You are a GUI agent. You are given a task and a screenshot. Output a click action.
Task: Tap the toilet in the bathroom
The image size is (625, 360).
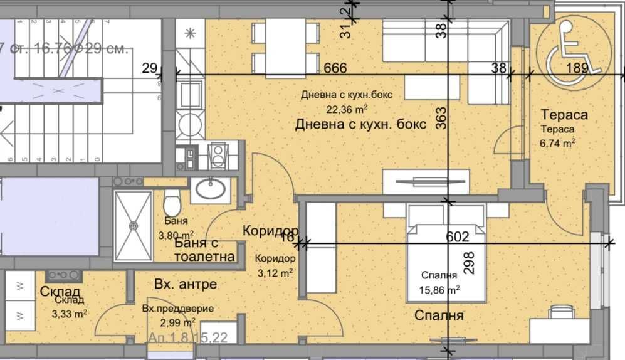coord(171,204)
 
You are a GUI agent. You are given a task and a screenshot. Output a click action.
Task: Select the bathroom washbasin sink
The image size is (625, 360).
coord(209,189)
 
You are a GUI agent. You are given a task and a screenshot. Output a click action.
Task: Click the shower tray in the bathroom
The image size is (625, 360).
coord(133,226)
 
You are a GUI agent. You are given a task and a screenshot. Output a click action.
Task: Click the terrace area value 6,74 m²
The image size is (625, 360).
coord(559,142)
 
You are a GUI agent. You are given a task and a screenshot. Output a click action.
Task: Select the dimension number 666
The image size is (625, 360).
coord(335,68)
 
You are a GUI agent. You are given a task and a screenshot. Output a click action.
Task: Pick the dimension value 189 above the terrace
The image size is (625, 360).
coord(576,68)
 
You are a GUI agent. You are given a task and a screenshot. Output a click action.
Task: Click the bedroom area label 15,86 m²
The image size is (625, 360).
coord(439,289)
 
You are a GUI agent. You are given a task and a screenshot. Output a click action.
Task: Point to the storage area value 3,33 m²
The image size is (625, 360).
coord(69,313)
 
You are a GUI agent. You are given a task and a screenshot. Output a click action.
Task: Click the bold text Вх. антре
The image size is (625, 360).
coord(186,284)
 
